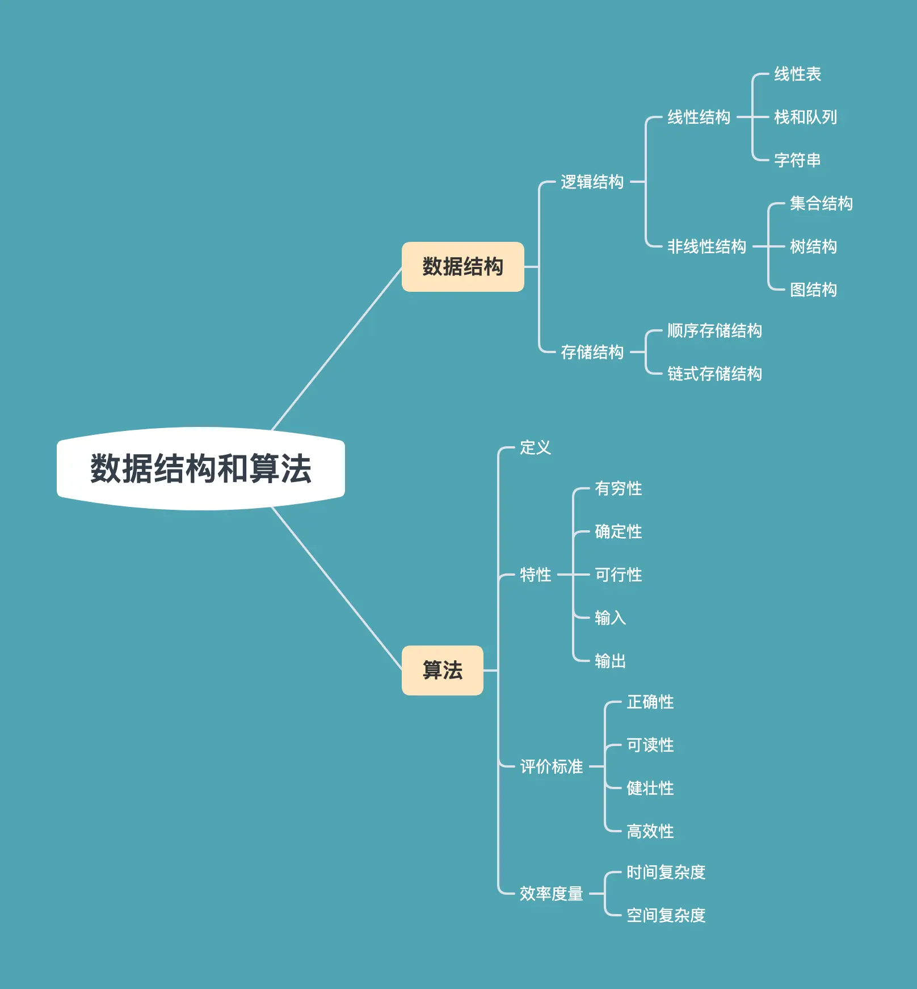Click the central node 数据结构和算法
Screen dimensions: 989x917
[x=201, y=469]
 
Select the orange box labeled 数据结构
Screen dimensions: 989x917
[x=462, y=267]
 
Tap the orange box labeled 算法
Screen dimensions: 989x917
[x=442, y=670]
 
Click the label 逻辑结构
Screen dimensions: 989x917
[x=592, y=182]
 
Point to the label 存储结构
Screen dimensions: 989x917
[x=592, y=353]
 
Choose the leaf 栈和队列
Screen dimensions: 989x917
[x=805, y=118]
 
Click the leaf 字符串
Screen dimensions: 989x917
[x=797, y=161]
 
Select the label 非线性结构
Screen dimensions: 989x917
[x=706, y=247]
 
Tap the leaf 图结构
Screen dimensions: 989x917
[x=813, y=290]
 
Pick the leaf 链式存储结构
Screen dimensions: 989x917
[x=714, y=374]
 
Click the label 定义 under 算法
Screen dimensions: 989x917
[x=535, y=448]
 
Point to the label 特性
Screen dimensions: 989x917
[x=535, y=575]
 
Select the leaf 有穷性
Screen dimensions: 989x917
[x=618, y=489]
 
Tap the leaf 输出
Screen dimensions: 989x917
[x=610, y=661]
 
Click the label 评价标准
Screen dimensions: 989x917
[x=551, y=767]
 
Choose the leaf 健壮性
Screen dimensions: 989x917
[x=650, y=789]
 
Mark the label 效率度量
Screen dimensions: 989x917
[x=551, y=894]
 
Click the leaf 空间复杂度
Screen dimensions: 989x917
[x=666, y=916]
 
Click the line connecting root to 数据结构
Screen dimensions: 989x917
[x=337, y=349]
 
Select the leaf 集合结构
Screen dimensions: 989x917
[x=821, y=204]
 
